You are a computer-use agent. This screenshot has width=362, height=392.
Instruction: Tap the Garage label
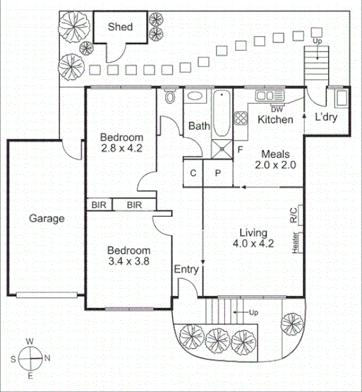[47, 218]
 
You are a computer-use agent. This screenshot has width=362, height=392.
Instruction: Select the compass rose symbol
[30, 360]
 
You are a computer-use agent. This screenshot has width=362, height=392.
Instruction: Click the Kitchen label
[275, 120]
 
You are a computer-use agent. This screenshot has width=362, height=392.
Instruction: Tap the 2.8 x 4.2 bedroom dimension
[121, 148]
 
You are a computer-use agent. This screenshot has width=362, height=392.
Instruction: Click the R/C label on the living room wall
[294, 214]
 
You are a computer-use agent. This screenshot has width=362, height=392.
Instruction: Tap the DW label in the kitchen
[277, 109]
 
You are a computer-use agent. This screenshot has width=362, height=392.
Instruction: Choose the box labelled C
[193, 173]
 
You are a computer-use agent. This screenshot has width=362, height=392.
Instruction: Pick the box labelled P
[217, 173]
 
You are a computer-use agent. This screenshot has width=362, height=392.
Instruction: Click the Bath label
[198, 126]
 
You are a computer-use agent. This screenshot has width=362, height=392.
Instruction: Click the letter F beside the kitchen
[240, 150]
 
